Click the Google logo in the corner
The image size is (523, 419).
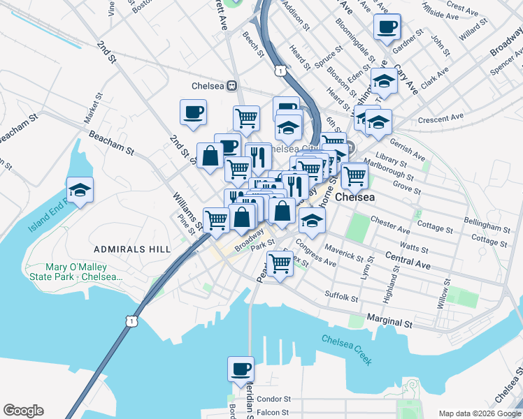pyautogui.click(x=23, y=411)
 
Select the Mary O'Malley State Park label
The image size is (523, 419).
pyautogui.click(x=84, y=272)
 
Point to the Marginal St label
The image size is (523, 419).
pyautogui.click(x=389, y=323)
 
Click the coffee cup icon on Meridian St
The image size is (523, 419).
pyautogui.click(x=241, y=368)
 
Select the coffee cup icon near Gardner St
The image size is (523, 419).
pyautogui.click(x=387, y=28)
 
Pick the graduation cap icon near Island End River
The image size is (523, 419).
pyautogui.click(x=80, y=189)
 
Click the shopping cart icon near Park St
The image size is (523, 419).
pyautogui.click(x=280, y=263)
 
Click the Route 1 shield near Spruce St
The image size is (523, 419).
pyautogui.click(x=280, y=71)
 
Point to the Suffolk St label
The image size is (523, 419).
pyautogui.click(x=341, y=296)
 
